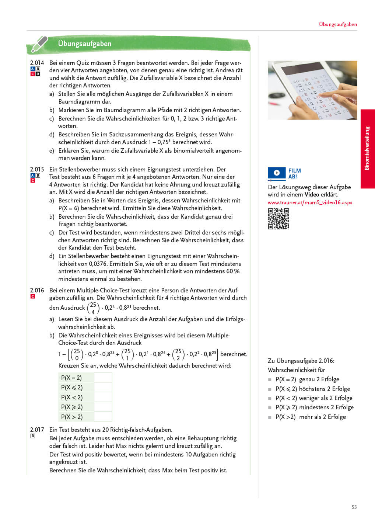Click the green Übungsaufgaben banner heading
(85, 44)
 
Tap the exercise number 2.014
(37, 63)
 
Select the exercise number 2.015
(37, 169)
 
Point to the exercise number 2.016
(37, 290)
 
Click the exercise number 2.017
(37, 430)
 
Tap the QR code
(278, 219)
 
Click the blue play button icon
(277, 173)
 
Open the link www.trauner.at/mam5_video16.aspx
(310, 202)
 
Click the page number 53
(354, 507)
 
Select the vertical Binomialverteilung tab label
(367, 148)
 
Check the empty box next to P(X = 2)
(103, 378)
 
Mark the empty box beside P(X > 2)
(103, 417)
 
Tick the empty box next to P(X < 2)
(103, 397)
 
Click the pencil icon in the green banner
(40, 44)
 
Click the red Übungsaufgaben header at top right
(338, 24)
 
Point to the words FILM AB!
(294, 173)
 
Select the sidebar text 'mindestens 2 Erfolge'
(326, 407)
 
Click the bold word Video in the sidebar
(312, 194)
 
